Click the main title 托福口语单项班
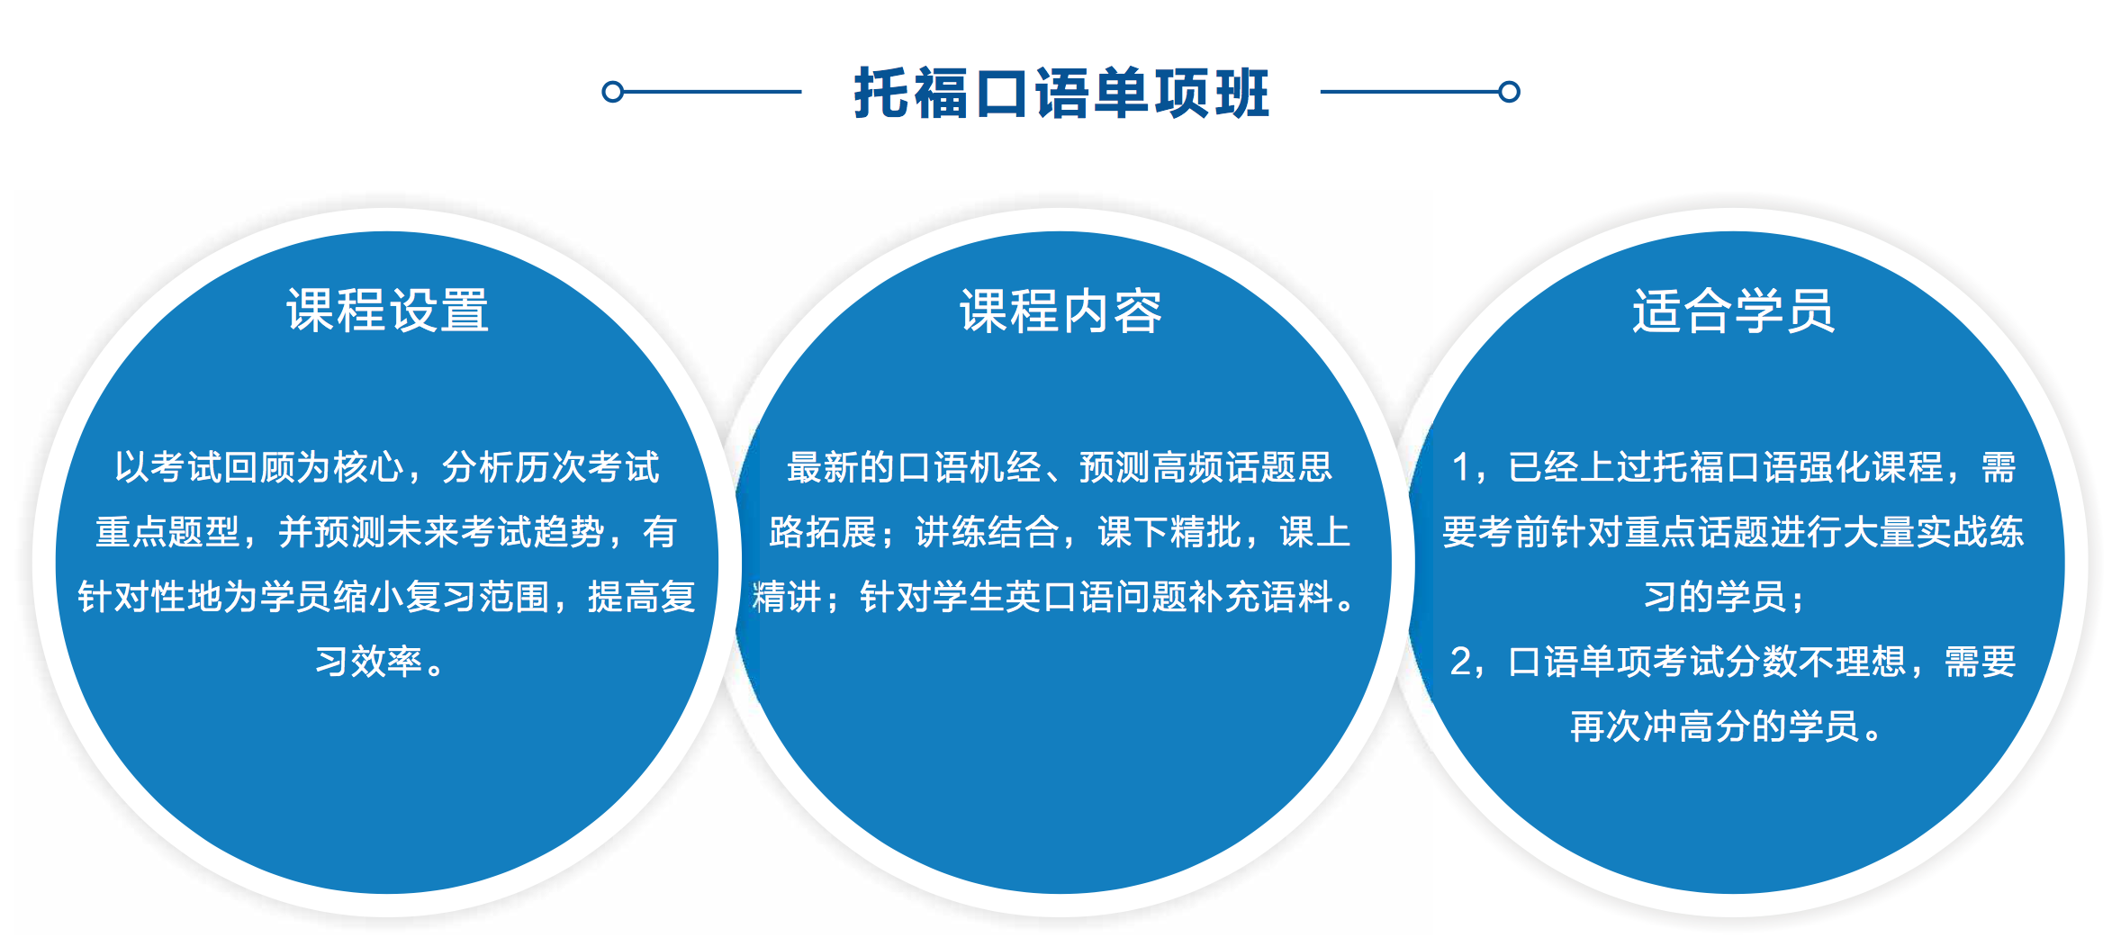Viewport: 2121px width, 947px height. pos(1061,93)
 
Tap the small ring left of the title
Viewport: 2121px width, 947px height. pos(612,92)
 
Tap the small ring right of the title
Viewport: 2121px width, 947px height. pos(1510,92)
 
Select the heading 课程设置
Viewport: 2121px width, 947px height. pos(388,311)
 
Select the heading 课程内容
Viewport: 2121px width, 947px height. pos(1061,311)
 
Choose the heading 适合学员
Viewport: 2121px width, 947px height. pos(1734,311)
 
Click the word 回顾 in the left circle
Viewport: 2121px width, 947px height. pos(259,467)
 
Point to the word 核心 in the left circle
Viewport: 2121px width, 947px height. pos(368,467)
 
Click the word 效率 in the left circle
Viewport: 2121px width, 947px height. pos(387,662)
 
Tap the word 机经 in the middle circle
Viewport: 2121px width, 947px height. pos(1006,467)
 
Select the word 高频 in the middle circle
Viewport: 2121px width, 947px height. pos(1188,467)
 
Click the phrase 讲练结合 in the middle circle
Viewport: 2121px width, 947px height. pos(988,532)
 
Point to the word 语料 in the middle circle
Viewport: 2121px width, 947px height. pos(1298,597)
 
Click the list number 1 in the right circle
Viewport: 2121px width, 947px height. pos(1461,467)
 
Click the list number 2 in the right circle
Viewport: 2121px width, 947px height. pos(1461,662)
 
